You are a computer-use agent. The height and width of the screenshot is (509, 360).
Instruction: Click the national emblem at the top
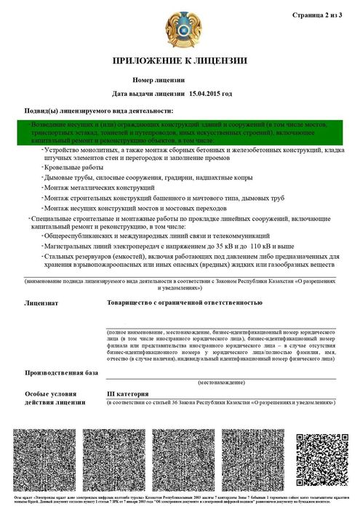click(179, 26)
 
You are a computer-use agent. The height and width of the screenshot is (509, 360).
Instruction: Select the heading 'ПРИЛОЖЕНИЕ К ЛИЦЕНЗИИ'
click(180, 60)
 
